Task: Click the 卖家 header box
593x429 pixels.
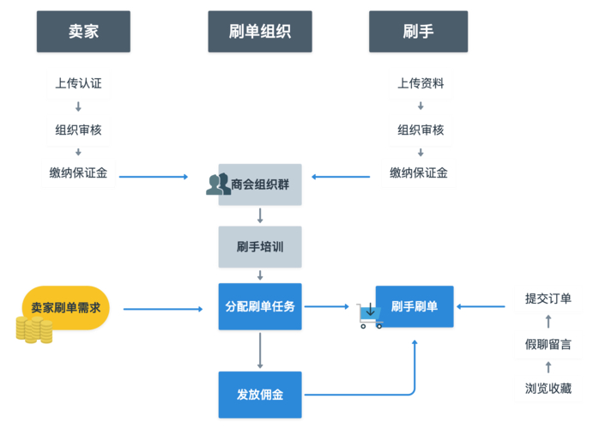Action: tap(83, 32)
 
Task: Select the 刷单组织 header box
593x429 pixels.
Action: tap(260, 32)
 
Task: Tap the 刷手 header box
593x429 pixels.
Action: tap(418, 32)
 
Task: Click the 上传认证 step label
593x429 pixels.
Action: tap(78, 84)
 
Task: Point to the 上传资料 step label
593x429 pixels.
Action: tap(421, 84)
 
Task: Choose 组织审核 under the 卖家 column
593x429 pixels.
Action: tap(78, 130)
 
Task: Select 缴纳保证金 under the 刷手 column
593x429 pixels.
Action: tap(419, 173)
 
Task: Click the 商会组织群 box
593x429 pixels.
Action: tap(260, 184)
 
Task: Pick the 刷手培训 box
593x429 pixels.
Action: tap(260, 247)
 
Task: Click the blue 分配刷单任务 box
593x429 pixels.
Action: tap(260, 305)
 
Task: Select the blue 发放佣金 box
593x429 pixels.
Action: tap(260, 395)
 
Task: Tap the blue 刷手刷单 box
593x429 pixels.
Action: tap(414, 306)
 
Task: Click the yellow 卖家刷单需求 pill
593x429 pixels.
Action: tap(66, 307)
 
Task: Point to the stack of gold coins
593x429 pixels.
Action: tap(33, 329)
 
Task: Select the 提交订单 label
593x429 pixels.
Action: tap(548, 299)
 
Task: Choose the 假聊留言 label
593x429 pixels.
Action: tap(548, 344)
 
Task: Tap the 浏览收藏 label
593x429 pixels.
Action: tap(548, 389)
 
